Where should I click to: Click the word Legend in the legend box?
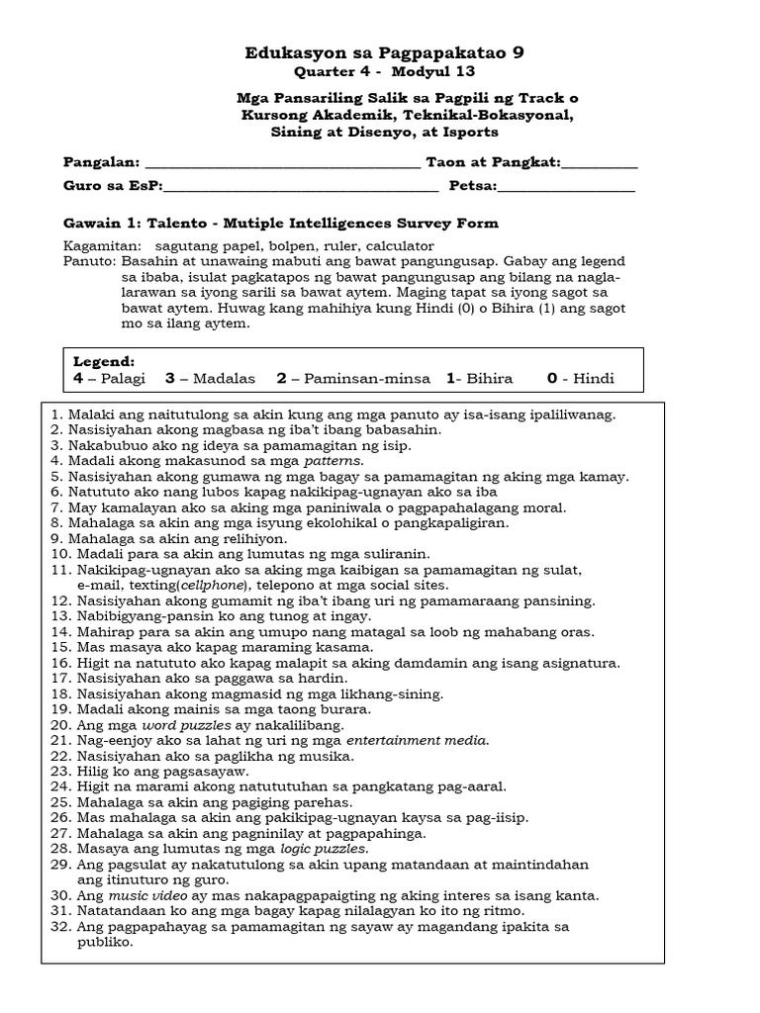pos(103,362)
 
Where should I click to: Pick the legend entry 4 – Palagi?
pos(110,379)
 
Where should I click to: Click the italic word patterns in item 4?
pos(333,461)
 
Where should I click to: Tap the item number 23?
pos(55,771)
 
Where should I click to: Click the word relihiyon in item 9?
pos(252,539)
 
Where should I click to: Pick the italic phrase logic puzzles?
pos(324,849)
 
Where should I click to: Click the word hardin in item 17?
pos(325,679)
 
